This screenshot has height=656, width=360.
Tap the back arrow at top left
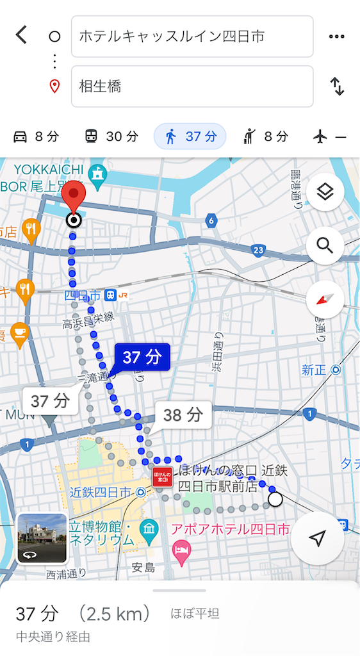22,35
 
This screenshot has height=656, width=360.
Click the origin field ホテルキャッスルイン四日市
192,37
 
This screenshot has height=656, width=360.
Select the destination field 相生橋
192,86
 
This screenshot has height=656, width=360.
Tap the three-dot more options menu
336,37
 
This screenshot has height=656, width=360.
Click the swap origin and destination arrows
337,86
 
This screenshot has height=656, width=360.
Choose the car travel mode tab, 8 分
36,136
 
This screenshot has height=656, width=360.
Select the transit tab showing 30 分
111,136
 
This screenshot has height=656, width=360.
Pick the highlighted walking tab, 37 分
190,136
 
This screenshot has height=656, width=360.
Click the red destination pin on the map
76,197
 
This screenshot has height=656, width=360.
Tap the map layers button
325,192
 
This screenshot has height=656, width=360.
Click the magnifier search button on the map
325,245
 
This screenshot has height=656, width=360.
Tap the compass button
325,299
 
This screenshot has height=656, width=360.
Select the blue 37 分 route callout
142,357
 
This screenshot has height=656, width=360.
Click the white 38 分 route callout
183,415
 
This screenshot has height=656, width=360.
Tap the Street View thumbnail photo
42,537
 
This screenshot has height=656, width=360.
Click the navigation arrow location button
317,539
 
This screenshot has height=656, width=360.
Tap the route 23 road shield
258,249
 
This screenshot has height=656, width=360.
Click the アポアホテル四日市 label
230,530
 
